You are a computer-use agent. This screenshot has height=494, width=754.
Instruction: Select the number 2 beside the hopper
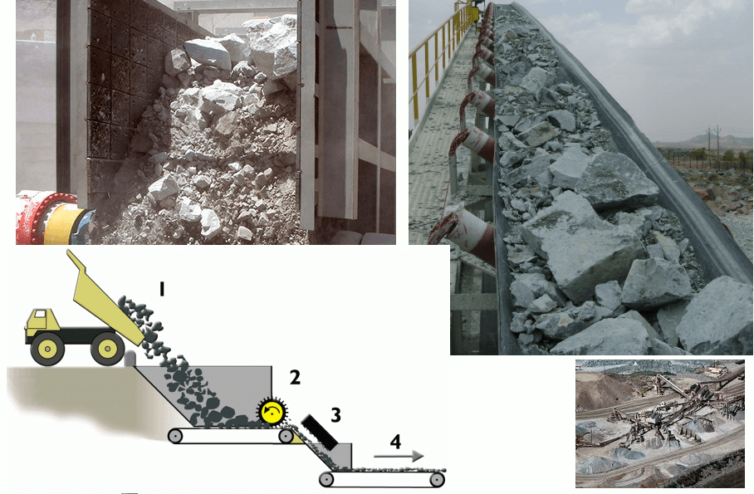point(294,378)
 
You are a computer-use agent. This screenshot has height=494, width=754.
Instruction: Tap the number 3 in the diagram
point(335,413)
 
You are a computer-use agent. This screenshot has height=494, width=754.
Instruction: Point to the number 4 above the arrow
point(395,441)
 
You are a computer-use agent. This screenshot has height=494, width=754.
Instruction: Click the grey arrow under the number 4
point(399,456)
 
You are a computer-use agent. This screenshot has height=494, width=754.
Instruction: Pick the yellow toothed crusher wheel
point(271,411)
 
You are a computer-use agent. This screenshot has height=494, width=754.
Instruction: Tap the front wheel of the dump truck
point(47,349)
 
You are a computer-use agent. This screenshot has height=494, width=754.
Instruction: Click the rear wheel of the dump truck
point(106,349)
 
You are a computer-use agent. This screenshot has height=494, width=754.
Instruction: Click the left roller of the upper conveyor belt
point(176,434)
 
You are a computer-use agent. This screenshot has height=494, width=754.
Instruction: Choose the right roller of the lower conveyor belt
point(435,479)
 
